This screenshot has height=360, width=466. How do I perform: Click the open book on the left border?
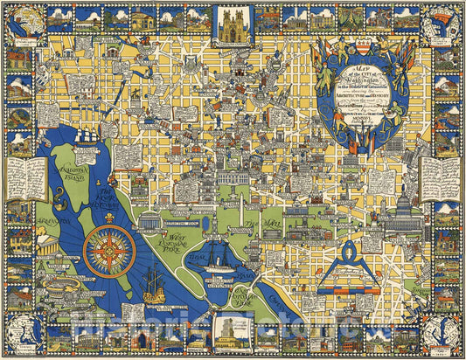click(27, 178)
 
